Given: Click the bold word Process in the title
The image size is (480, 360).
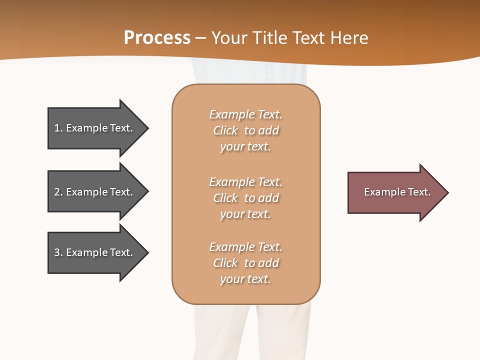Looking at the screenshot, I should (157, 38).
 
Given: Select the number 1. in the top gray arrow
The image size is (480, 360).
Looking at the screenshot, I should (58, 128).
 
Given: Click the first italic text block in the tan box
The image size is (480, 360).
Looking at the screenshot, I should (245, 130).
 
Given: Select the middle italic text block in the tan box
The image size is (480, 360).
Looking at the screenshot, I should (245, 198).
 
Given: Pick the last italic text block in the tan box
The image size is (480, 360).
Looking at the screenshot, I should (245, 263).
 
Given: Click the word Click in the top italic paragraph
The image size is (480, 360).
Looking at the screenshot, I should (225, 130).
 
